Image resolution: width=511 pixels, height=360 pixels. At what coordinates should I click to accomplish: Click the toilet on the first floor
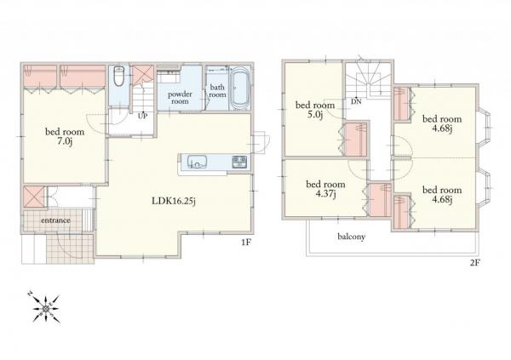pos(118,76)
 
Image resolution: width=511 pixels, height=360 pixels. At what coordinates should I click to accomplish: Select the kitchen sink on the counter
pos(198,162)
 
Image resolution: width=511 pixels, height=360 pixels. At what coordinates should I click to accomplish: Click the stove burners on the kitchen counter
pos(239,162)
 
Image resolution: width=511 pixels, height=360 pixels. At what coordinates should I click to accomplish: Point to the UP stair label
pos(142,116)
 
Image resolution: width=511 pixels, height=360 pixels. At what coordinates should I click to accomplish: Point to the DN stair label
pos(356,101)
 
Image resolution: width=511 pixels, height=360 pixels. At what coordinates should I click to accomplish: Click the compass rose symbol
pos(46,308)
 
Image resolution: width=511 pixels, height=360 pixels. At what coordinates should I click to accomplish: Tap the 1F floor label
pos(246,242)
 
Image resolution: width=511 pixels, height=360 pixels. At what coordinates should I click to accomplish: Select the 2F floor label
pos(475,262)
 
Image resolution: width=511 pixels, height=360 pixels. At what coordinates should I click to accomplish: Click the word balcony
pos(351,237)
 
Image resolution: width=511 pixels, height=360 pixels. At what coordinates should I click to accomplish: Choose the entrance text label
pos(55,220)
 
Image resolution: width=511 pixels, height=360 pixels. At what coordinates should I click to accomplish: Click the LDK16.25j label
pos(174,201)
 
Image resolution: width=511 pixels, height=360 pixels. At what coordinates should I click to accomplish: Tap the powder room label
pos(180,98)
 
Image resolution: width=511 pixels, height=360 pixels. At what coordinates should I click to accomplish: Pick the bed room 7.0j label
pos(65,137)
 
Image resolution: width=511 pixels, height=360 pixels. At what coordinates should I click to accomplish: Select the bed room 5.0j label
pos(315,110)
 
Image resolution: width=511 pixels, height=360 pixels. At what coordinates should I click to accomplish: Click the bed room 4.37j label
pos(325,189)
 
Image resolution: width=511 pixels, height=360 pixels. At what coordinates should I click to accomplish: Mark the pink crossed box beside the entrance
pos(33,197)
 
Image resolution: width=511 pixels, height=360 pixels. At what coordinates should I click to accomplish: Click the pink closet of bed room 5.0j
pos(356,139)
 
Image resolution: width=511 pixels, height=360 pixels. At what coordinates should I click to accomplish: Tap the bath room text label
pos(217,91)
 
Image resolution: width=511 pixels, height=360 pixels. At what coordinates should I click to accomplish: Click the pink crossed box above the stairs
pos(143,74)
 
